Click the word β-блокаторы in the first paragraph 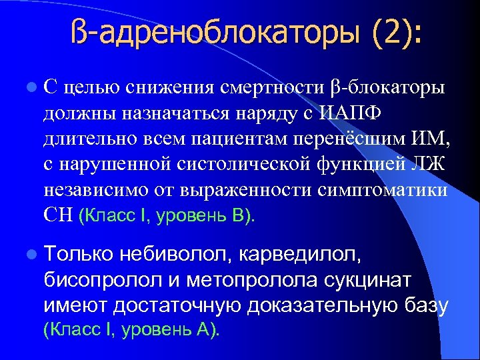(389, 88)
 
